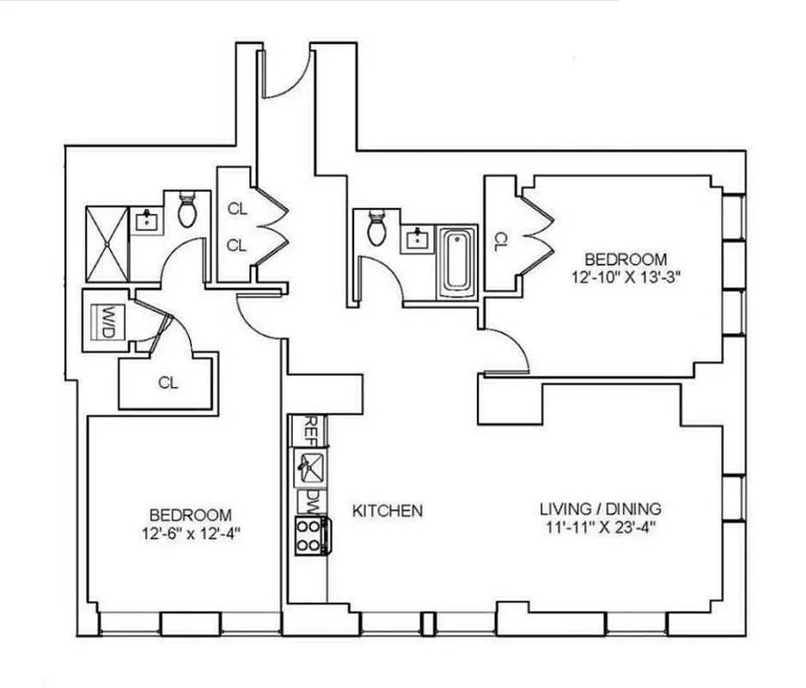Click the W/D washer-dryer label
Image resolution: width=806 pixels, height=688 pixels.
[x=107, y=318]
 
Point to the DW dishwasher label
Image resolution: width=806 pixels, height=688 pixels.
[x=309, y=500]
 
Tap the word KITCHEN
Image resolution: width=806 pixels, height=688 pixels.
[x=388, y=511]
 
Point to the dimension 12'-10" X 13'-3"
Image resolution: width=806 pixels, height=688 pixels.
[x=625, y=277]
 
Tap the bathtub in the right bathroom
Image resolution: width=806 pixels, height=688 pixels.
[x=456, y=261]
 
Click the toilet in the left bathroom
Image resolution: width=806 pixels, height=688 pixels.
[x=187, y=209]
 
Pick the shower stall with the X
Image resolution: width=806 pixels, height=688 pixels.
[x=106, y=243]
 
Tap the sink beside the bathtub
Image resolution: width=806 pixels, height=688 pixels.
[x=418, y=237]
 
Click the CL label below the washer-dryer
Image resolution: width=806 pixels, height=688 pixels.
[x=168, y=383]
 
